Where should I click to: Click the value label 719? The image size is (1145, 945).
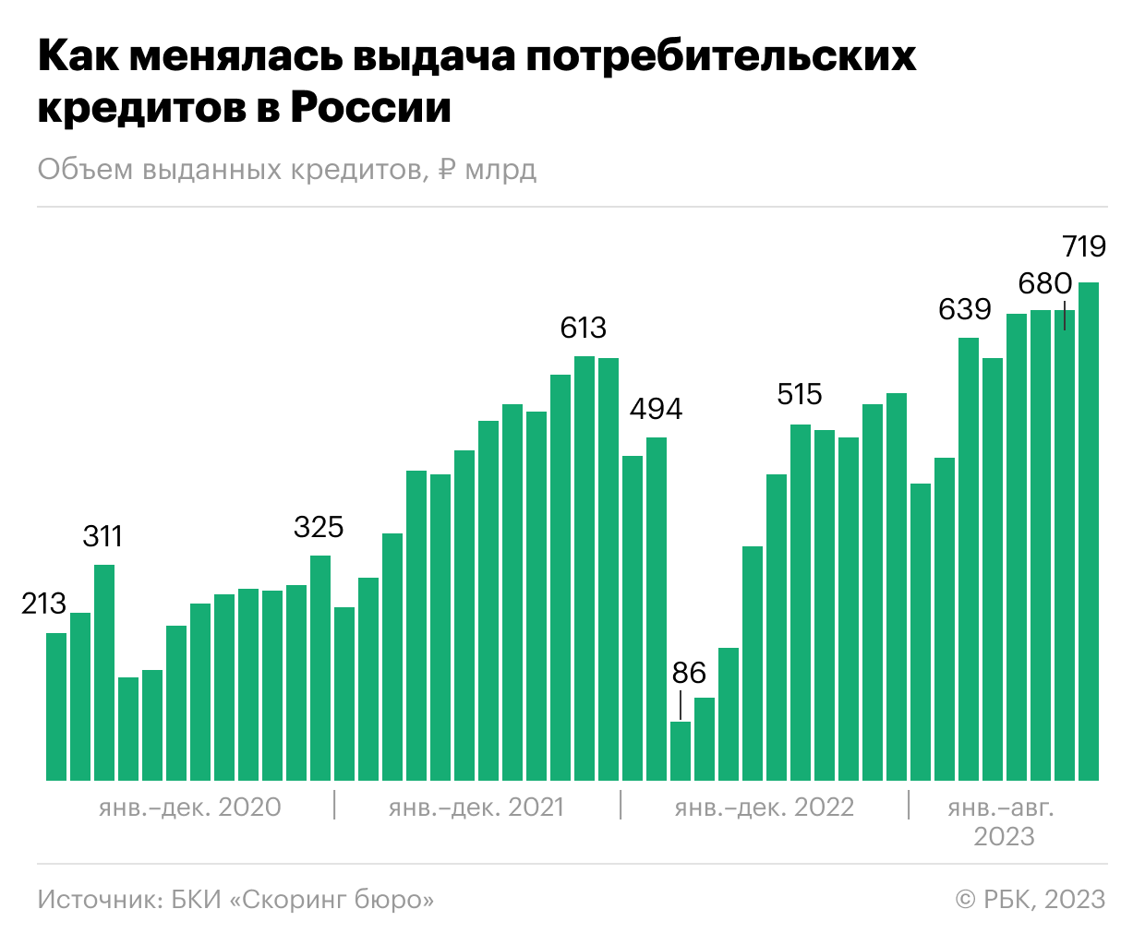pyautogui.click(x=1083, y=246)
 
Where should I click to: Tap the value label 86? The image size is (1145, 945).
pyautogui.click(x=689, y=673)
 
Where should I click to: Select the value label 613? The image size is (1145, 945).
pyautogui.click(x=583, y=328)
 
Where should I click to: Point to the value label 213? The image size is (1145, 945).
pyautogui.click(x=43, y=604)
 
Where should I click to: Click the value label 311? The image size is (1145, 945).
pyautogui.click(x=102, y=536)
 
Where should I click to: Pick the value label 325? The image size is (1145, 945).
pyautogui.click(x=319, y=527)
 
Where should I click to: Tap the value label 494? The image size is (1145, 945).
pyautogui.click(x=656, y=409)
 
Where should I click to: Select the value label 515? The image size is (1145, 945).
pyautogui.click(x=800, y=395)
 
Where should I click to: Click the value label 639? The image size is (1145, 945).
pyautogui.click(x=965, y=309)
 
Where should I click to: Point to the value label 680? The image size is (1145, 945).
pyautogui.click(x=1045, y=284)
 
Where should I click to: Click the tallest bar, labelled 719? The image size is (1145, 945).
pyautogui.click(x=1089, y=532)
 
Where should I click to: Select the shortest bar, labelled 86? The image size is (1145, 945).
pyautogui.click(x=681, y=751)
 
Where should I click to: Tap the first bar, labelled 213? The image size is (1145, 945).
pyautogui.click(x=56, y=707)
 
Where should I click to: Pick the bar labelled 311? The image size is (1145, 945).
pyautogui.click(x=104, y=673)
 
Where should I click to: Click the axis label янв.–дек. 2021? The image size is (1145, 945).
pyautogui.click(x=476, y=807)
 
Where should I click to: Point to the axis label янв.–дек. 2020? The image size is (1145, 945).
pyautogui.click(x=189, y=807)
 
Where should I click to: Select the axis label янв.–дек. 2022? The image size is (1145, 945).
pyautogui.click(x=765, y=807)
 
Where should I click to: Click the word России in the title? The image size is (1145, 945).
pyautogui.click(x=370, y=107)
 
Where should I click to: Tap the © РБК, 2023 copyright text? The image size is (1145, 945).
pyautogui.click(x=1030, y=900)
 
